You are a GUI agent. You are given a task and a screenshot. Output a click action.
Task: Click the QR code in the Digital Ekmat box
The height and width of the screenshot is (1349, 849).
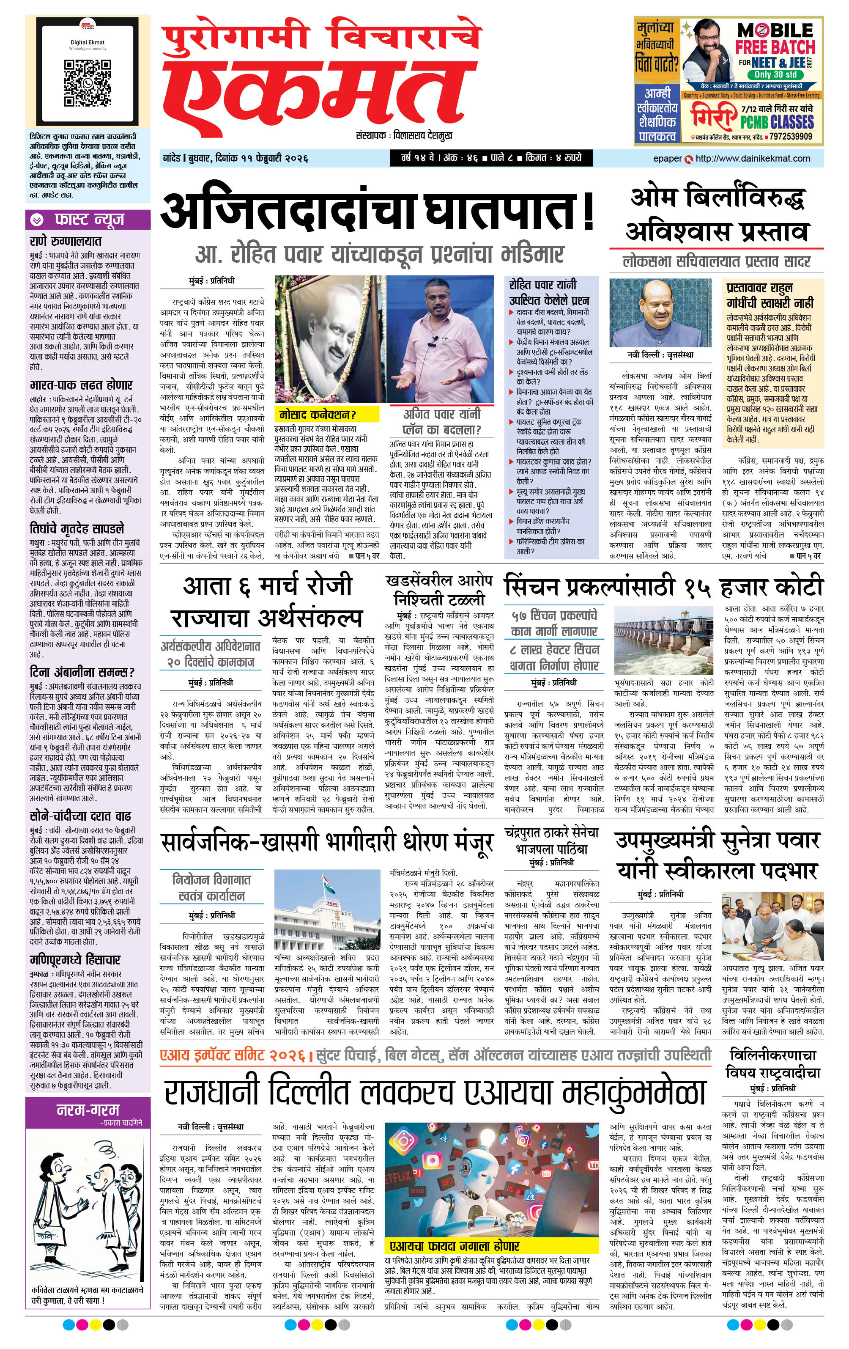pos(88,82)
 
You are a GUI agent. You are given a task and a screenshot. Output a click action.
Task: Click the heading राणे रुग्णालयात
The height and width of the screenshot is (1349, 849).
pos(66,242)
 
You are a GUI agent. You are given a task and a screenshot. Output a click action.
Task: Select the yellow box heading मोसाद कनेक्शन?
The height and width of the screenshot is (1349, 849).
pos(318,415)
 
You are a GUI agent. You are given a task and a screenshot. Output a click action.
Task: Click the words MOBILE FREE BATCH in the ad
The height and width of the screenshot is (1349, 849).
pos(775,38)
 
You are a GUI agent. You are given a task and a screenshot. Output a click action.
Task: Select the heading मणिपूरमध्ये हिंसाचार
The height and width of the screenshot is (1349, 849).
pos(75,960)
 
